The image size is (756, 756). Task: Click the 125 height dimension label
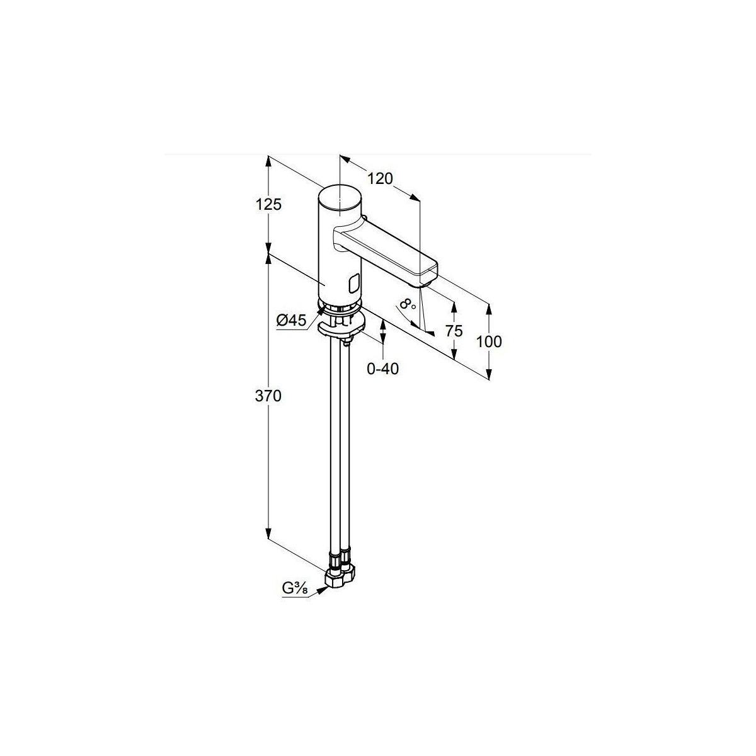point(268,205)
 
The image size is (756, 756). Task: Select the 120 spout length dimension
point(380,179)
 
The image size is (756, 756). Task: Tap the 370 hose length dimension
point(268,396)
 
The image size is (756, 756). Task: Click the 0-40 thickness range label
point(382,369)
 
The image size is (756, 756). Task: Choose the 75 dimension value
point(454,331)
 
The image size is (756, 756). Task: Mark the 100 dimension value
point(489,341)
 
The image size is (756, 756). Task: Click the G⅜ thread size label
point(295,600)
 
